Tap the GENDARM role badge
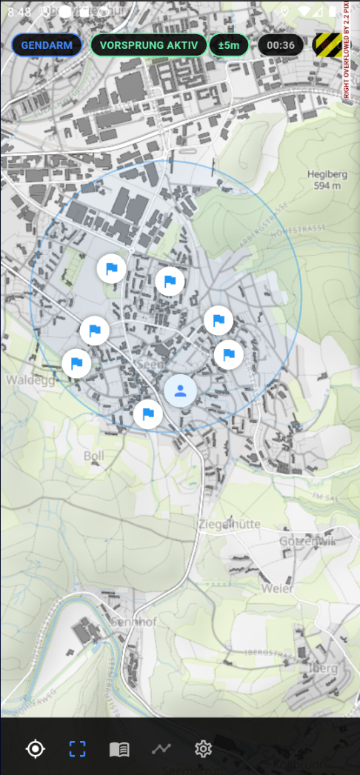click(47, 45)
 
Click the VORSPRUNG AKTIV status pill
click(148, 45)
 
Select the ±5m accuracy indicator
click(229, 45)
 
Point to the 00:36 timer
click(281, 45)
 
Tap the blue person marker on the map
click(180, 390)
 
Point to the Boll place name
click(94, 455)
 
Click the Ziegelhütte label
click(230, 524)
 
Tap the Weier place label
click(277, 588)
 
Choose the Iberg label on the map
click(321, 668)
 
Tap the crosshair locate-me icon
click(35, 749)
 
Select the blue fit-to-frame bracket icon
click(77, 749)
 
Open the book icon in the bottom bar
click(119, 749)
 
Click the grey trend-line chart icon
click(161, 749)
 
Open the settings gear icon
click(203, 749)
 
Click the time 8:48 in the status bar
click(20, 12)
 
